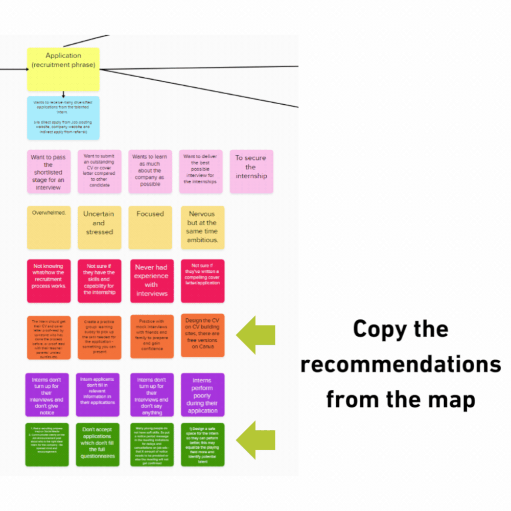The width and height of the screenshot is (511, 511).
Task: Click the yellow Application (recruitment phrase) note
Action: (63, 69)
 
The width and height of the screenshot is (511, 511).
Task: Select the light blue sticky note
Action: (63, 118)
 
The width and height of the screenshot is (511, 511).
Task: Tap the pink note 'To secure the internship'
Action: (251, 171)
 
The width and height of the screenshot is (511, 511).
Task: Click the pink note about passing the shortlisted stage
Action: (49, 171)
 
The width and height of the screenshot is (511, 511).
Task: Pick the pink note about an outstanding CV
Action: (99, 171)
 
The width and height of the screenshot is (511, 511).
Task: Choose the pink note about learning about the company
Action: (150, 171)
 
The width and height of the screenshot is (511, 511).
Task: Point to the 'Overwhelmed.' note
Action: (49, 227)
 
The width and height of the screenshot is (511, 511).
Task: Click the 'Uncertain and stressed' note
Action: (99, 227)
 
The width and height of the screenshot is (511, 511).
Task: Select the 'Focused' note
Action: (150, 227)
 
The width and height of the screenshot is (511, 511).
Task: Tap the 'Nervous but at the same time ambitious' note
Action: (202, 227)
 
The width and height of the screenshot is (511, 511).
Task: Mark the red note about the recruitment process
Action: (49, 281)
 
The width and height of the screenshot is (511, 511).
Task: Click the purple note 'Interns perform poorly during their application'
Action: (202, 395)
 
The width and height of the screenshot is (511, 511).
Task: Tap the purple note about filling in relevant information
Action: (99, 395)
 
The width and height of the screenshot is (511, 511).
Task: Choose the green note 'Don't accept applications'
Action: (99, 444)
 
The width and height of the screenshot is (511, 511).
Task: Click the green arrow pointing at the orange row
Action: (255, 336)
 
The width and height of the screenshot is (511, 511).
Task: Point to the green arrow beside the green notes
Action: (255, 440)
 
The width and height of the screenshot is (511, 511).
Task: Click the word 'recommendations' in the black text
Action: (401, 364)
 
